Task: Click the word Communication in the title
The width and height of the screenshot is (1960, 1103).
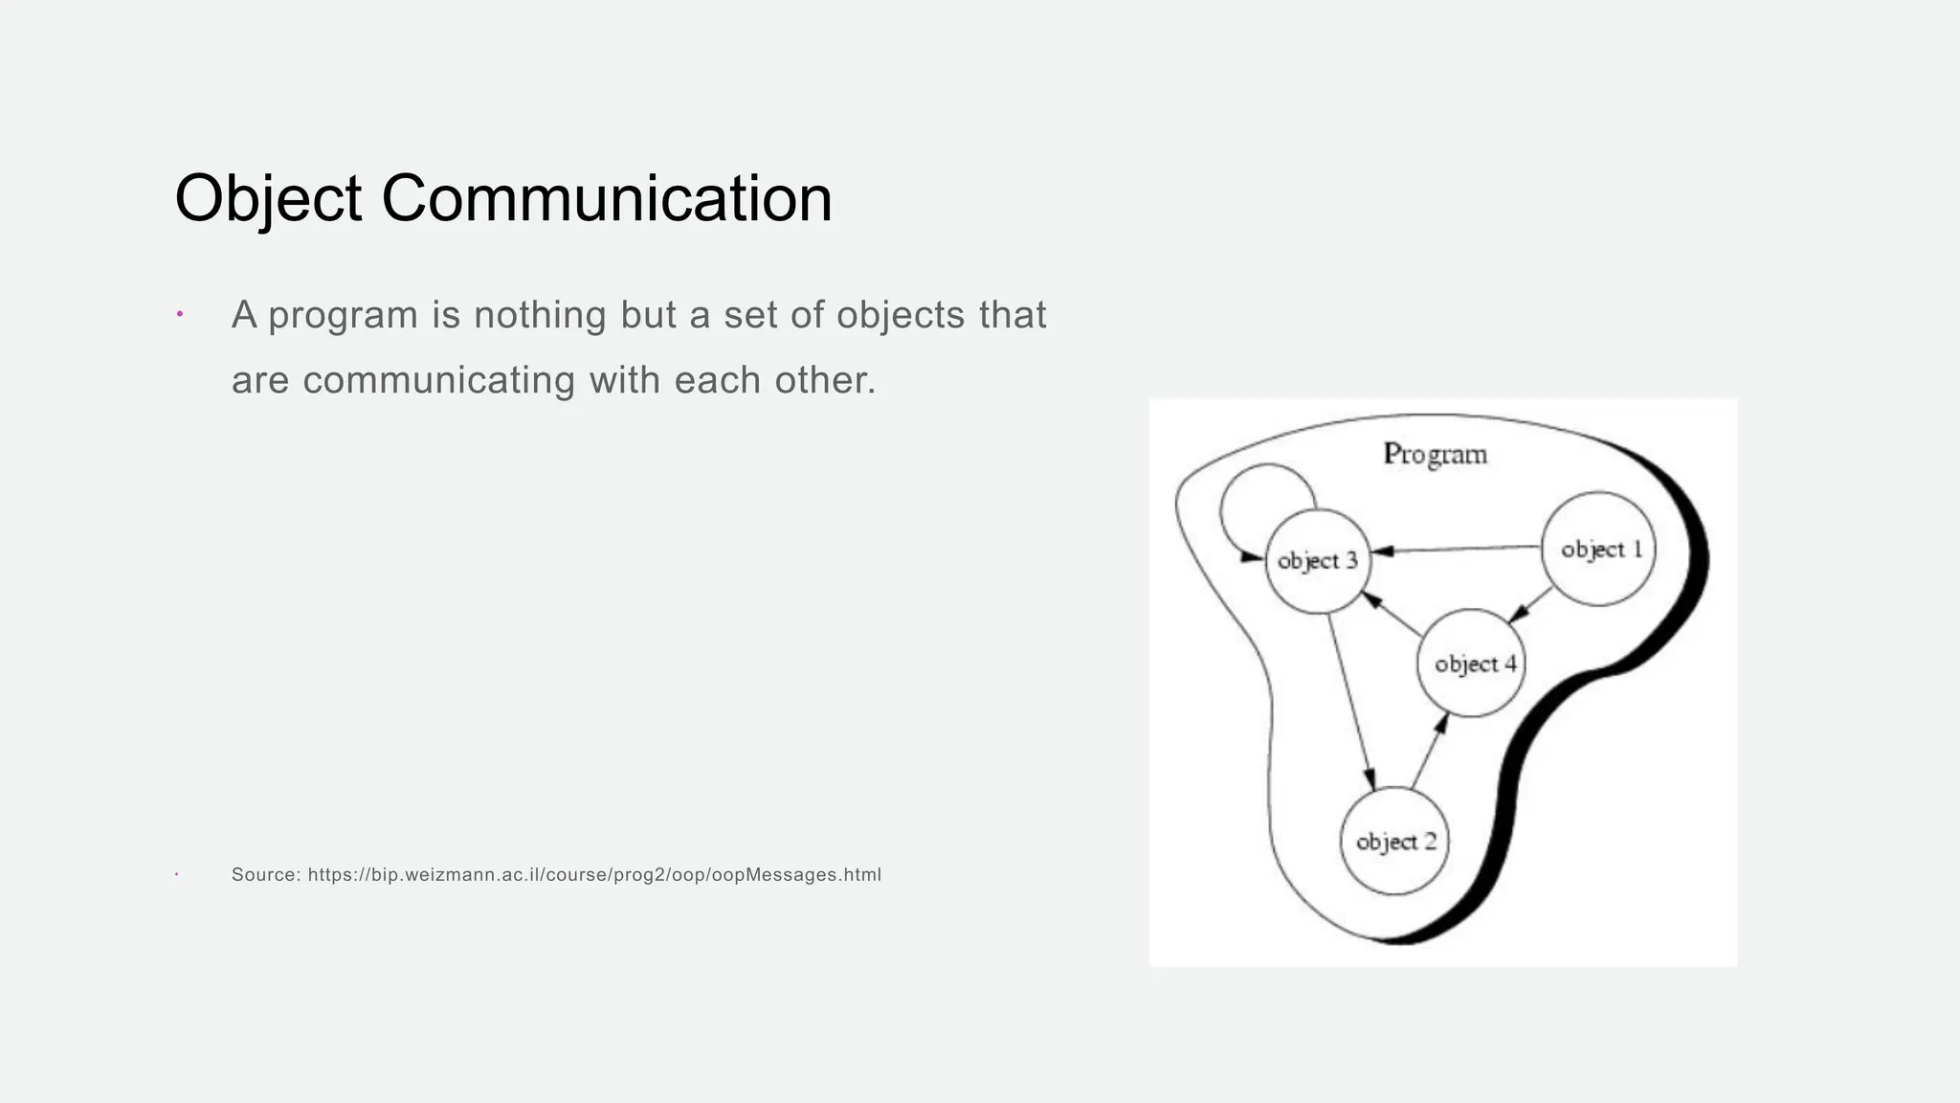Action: pyautogui.click(x=607, y=199)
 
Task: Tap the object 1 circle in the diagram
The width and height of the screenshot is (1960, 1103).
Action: pyautogui.click(x=1598, y=549)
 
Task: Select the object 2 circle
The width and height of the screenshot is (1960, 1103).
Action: pyautogui.click(x=1394, y=842)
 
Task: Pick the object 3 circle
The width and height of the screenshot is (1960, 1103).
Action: pyautogui.click(x=1318, y=560)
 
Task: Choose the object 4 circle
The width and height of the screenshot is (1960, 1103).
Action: pyautogui.click(x=1472, y=663)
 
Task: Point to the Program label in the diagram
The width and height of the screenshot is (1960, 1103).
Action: pyautogui.click(x=1435, y=454)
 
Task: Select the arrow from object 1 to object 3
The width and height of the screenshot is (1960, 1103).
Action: pyautogui.click(x=1455, y=550)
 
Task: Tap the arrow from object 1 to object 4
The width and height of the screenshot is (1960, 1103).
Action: pyautogui.click(x=1529, y=605)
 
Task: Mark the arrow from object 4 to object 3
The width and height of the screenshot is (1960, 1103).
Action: pyautogui.click(x=1392, y=614)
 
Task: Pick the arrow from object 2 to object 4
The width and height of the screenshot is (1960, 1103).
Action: pyautogui.click(x=1429, y=753)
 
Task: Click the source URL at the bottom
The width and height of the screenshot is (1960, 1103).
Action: pyautogui.click(x=594, y=874)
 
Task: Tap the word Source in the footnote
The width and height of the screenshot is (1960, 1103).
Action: pyautogui.click(x=265, y=874)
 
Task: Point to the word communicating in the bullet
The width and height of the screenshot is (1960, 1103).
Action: pyautogui.click(x=439, y=380)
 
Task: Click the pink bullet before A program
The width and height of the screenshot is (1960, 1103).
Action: pyautogui.click(x=179, y=314)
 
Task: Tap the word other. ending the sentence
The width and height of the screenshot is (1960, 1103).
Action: pyautogui.click(x=825, y=380)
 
